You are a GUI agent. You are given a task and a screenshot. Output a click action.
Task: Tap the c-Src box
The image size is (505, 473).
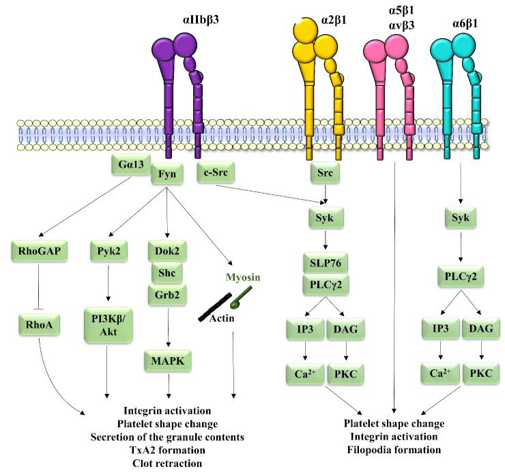216,172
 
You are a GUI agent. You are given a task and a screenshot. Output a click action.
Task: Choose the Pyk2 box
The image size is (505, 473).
108,250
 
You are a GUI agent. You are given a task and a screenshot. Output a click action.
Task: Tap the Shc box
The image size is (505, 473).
168,273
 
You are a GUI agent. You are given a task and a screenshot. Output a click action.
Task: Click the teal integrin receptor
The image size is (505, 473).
458,89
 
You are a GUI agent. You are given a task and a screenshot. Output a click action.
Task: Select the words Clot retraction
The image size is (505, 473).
168,463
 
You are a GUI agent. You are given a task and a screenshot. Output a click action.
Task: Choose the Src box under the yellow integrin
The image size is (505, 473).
326,173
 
